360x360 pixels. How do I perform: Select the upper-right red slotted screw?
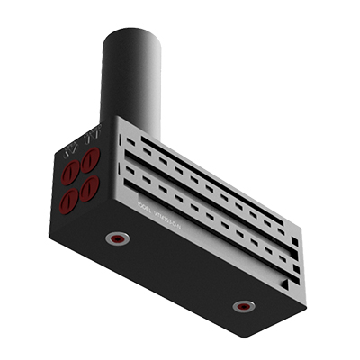coord(90,161)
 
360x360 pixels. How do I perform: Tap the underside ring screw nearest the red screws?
coord(116,238)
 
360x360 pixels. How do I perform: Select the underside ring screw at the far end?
coord(242,306)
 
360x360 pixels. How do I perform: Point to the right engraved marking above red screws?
coord(90,138)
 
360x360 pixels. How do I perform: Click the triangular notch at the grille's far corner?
coord(285,284)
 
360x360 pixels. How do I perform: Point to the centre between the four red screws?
coord(81,179)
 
